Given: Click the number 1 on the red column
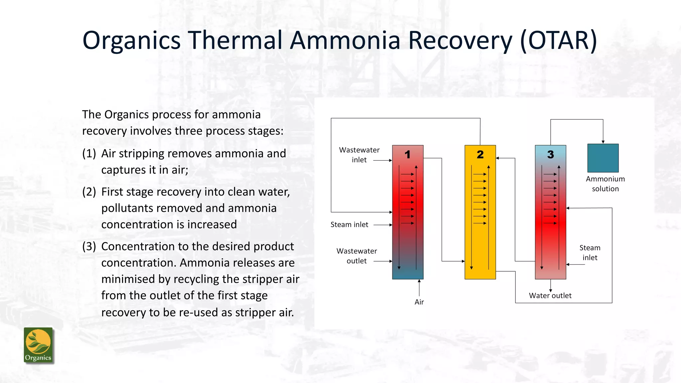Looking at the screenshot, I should pyautogui.click(x=407, y=155).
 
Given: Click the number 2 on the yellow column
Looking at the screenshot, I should pyautogui.click(x=480, y=155).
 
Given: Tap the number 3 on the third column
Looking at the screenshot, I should pyautogui.click(x=550, y=155).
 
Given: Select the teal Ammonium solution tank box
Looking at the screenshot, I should pyautogui.click(x=603, y=158).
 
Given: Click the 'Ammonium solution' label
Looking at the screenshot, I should pyautogui.click(x=605, y=184).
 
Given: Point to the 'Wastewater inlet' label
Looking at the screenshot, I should pyautogui.click(x=359, y=155).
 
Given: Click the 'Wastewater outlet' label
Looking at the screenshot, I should pyautogui.click(x=356, y=256).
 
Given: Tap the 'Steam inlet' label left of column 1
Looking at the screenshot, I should pyautogui.click(x=349, y=225).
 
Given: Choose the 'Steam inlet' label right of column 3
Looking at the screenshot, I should pyautogui.click(x=590, y=253).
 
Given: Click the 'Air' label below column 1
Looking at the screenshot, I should pyautogui.click(x=419, y=302).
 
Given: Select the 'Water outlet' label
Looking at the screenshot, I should pyautogui.click(x=550, y=296).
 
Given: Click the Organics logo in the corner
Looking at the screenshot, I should pyautogui.click(x=38, y=345).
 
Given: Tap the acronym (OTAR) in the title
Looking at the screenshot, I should pyautogui.click(x=558, y=41).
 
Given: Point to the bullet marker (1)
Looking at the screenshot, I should pyautogui.click(x=89, y=154).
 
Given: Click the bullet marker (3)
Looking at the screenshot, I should pyautogui.click(x=89, y=246).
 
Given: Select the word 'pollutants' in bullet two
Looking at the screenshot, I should pyautogui.click(x=128, y=208).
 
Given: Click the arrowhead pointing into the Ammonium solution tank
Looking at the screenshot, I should pyautogui.click(x=603, y=142).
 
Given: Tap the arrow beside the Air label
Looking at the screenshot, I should pyautogui.click(x=419, y=287).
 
